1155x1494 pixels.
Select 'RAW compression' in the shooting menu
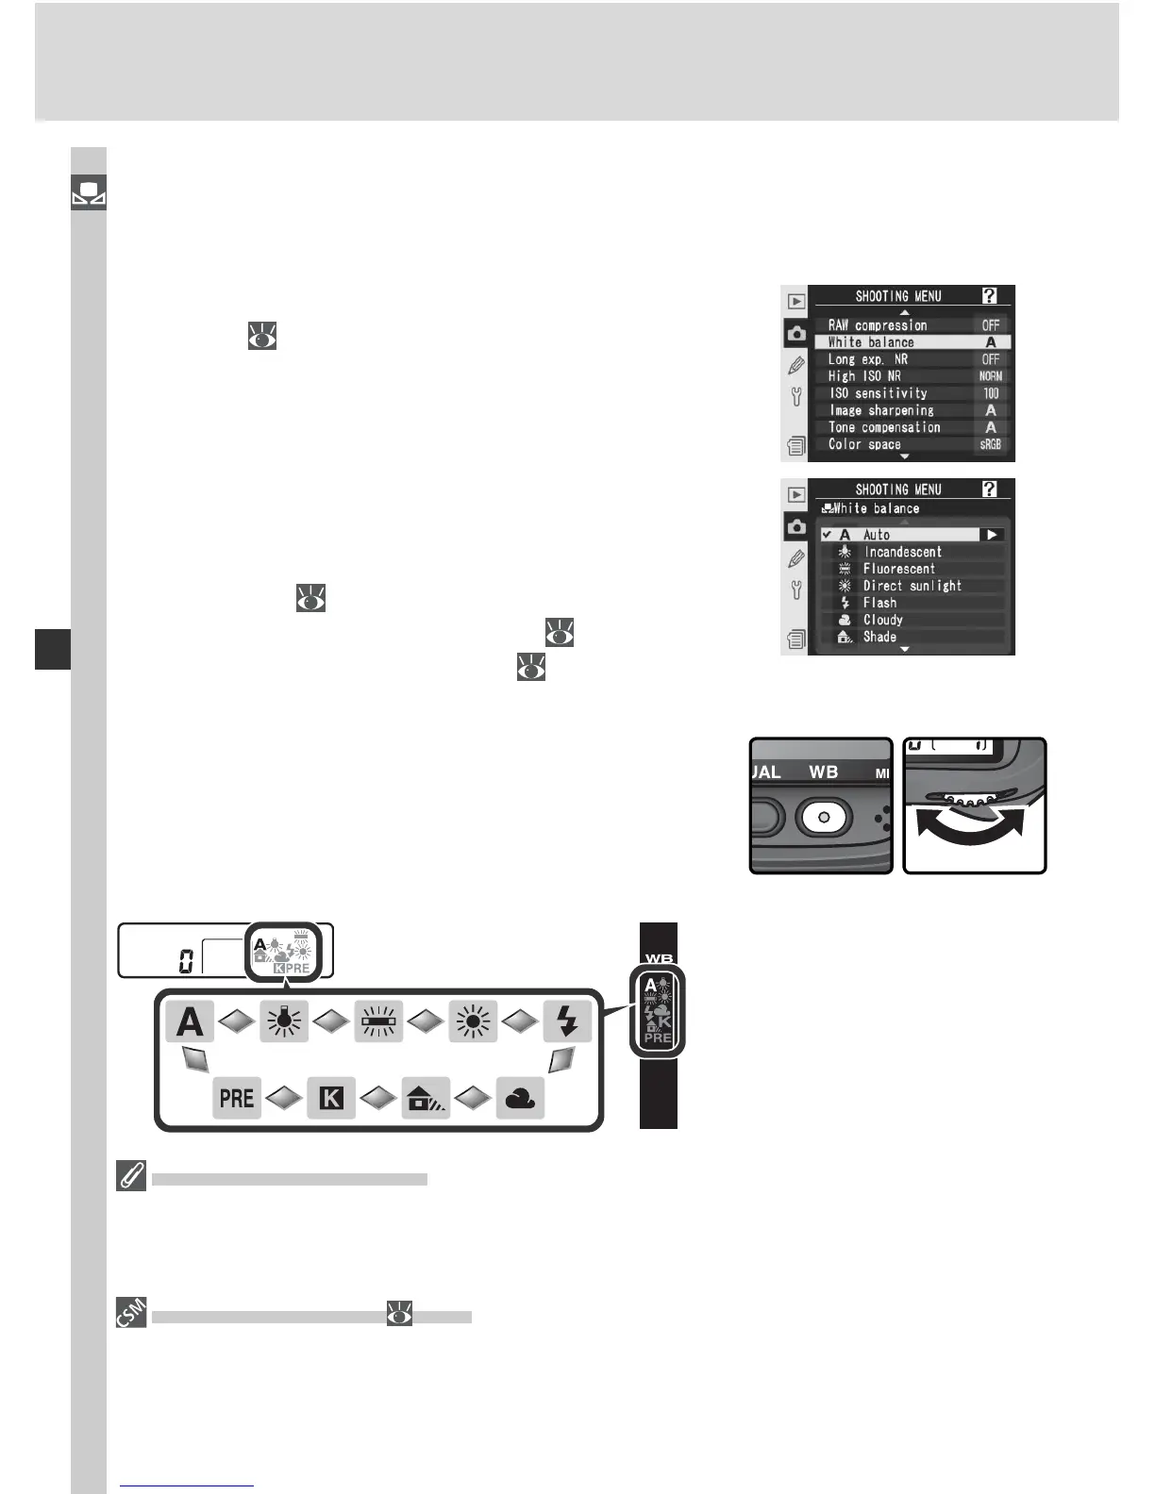point(879,325)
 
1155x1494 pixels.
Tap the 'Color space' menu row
point(865,444)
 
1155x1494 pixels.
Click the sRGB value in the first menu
point(990,444)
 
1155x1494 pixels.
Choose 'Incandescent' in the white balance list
point(902,552)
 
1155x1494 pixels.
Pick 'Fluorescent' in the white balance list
point(898,569)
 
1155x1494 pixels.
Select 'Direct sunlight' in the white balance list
point(912,586)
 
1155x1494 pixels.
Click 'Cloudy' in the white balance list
point(882,620)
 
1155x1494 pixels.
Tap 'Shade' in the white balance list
point(879,637)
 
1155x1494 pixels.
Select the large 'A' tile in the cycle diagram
point(190,1022)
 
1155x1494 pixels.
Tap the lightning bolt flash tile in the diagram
point(567,1021)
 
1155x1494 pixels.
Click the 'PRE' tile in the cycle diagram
point(237,1098)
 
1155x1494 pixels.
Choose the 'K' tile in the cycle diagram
point(331,1098)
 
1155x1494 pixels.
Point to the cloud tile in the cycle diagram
point(520,1098)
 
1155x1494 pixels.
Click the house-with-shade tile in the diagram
point(426,1098)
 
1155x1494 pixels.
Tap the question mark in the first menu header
point(989,296)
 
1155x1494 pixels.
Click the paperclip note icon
point(131,1177)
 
